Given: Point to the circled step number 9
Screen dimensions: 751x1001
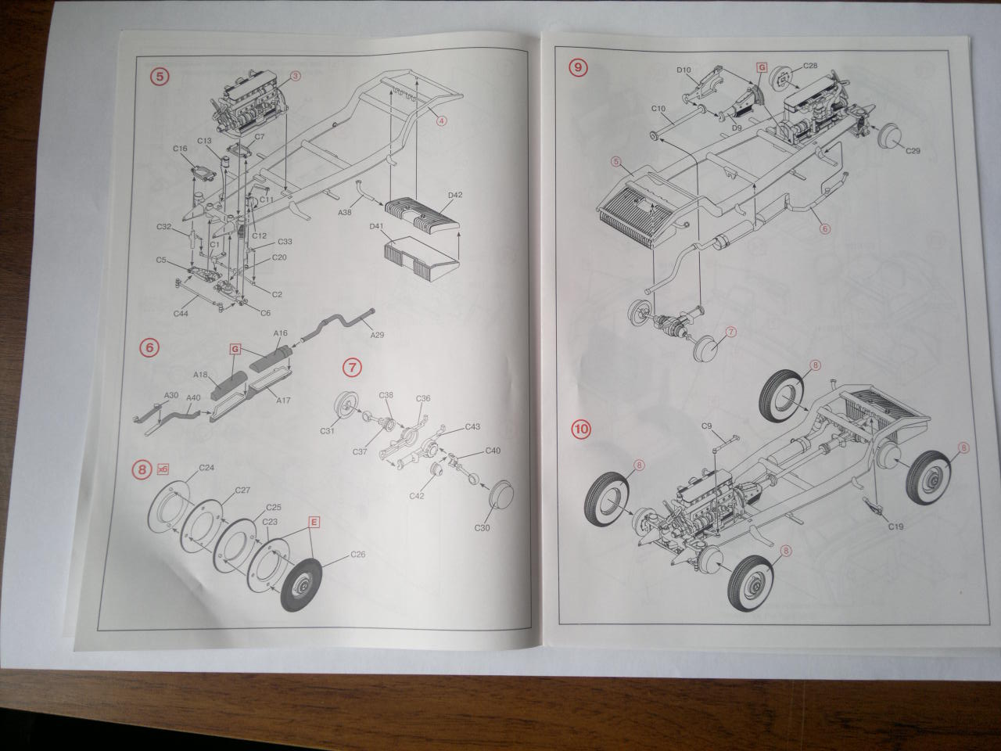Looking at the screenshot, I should (x=578, y=67).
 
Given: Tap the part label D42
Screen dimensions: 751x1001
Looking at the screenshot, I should (x=455, y=195).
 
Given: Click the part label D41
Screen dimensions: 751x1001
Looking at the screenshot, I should (x=379, y=228).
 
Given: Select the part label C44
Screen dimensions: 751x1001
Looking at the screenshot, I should (x=180, y=312).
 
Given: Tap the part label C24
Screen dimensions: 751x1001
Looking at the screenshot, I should (x=206, y=468).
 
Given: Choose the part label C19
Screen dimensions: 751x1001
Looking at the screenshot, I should (x=895, y=526).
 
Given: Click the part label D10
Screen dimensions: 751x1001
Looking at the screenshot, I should (x=683, y=70).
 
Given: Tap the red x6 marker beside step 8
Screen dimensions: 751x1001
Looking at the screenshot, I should (x=163, y=469).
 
